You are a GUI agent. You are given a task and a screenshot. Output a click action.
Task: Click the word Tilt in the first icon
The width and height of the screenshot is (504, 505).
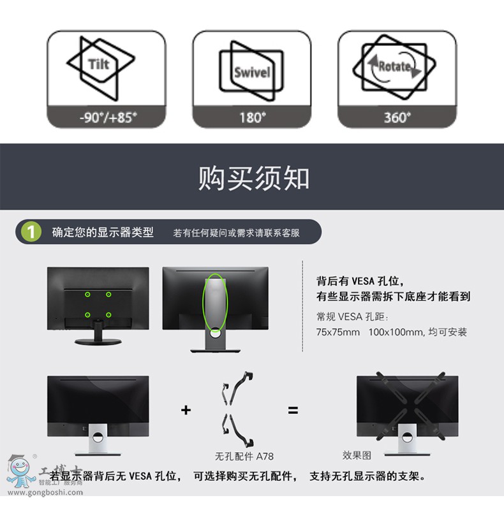(99, 64)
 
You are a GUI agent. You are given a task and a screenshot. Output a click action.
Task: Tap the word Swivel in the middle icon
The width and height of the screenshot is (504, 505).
(252, 73)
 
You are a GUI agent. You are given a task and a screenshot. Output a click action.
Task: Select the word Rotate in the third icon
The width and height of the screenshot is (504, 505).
(395, 67)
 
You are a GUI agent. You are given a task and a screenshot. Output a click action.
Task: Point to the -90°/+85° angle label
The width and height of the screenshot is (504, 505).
(108, 117)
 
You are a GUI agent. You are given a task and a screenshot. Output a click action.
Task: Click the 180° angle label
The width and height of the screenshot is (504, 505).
(253, 117)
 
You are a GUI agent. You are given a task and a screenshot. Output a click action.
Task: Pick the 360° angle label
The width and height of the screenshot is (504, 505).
(397, 117)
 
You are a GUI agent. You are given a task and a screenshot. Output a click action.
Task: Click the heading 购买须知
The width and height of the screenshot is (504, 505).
(254, 178)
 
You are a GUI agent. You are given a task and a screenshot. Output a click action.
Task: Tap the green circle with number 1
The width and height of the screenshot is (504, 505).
(31, 231)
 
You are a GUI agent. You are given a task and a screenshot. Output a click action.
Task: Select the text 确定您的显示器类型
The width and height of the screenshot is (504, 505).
(103, 232)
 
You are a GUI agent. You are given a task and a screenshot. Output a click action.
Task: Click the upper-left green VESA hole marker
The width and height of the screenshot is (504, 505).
(87, 295)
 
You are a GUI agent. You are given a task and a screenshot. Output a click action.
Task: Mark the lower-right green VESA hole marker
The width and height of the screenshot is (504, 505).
(108, 314)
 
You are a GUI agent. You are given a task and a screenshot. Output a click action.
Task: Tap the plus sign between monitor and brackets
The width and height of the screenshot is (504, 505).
(186, 410)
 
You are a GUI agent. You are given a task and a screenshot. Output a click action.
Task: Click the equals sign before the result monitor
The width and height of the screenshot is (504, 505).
(293, 410)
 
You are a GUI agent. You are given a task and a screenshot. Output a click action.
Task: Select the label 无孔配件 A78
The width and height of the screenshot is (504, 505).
(244, 456)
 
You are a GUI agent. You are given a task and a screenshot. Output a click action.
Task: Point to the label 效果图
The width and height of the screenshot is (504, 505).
(357, 455)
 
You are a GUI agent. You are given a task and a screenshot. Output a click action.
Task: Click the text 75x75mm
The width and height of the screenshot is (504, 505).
(338, 332)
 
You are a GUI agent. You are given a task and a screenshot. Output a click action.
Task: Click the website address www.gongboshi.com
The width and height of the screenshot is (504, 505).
(45, 492)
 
